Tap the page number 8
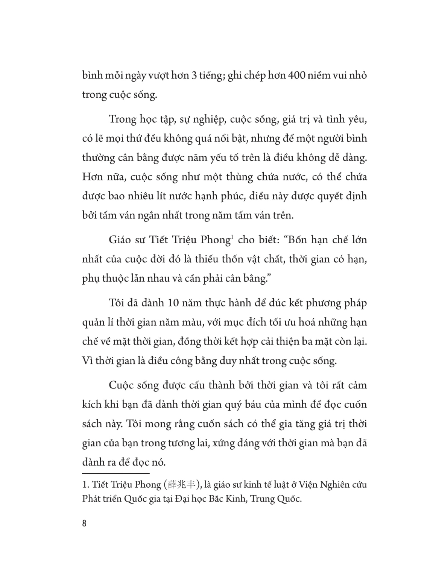click(84, 523)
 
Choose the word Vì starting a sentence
click(87, 361)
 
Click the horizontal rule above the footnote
click(116, 473)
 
